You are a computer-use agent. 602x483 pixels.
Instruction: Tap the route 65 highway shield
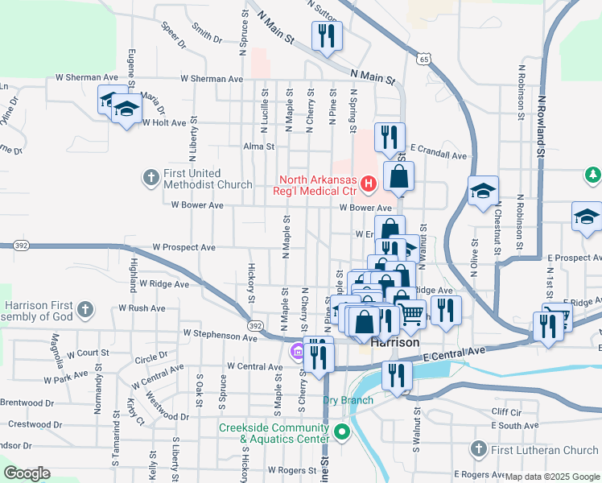coord(423,59)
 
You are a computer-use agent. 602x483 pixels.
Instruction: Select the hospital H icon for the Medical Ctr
coord(369,185)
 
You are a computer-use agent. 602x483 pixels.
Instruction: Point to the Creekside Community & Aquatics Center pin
coord(342,432)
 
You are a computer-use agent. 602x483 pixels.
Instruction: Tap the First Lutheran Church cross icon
coord(479,449)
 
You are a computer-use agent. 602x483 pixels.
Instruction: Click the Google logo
coord(26,473)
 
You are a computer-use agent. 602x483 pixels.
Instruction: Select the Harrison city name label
coord(396,342)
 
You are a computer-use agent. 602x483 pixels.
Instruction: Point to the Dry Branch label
coord(348,400)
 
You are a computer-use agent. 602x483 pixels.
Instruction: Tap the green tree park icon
coord(593,174)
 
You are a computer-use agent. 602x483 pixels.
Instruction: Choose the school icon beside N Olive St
coord(483,192)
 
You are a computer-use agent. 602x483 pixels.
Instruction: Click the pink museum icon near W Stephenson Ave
coord(296,351)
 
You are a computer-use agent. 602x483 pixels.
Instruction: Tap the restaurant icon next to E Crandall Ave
coord(390,138)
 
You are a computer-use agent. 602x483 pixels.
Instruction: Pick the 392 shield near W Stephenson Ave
coord(255,325)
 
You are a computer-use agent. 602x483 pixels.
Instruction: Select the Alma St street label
coord(259,147)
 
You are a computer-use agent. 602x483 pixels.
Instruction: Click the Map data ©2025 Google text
coord(553,476)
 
